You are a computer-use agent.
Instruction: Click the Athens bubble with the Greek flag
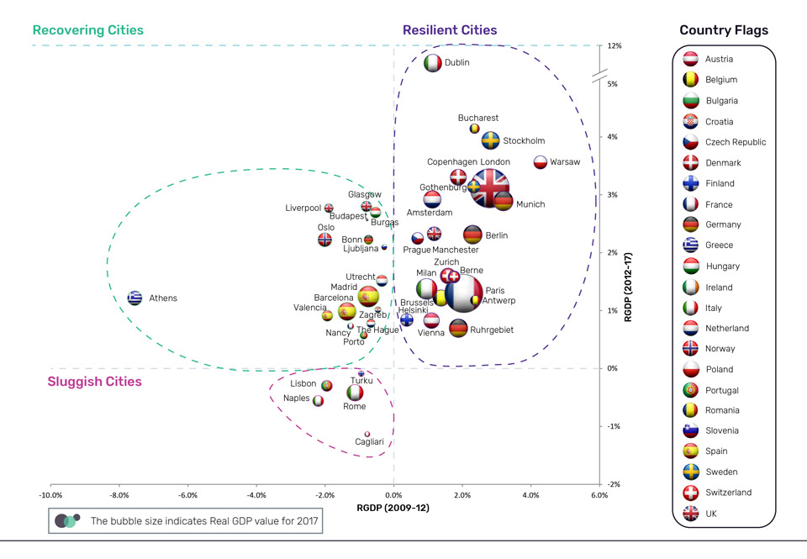click(x=134, y=298)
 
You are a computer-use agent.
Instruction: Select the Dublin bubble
click(x=432, y=63)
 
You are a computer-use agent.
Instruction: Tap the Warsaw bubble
click(x=541, y=162)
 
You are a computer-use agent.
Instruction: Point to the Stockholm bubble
click(x=490, y=140)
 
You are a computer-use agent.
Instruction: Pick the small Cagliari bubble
click(x=367, y=434)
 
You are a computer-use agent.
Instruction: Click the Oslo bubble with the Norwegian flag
click(x=325, y=240)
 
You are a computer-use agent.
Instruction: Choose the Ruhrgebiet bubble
click(x=458, y=329)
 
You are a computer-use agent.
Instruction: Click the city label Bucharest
click(x=478, y=118)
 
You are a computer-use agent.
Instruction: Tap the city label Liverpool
click(x=303, y=208)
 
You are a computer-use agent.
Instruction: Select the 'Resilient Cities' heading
click(x=450, y=30)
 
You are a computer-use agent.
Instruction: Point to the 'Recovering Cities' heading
click(x=87, y=30)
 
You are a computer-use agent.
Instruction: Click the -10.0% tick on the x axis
click(x=50, y=496)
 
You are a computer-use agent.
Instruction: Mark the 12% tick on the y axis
click(x=614, y=45)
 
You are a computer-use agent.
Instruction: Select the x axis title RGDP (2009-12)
click(x=394, y=508)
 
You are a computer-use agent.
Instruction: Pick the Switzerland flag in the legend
click(x=689, y=493)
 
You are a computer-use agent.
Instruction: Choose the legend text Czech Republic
click(x=736, y=142)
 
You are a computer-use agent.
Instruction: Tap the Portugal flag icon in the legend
click(x=689, y=390)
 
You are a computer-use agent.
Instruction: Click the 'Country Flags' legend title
click(x=724, y=30)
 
